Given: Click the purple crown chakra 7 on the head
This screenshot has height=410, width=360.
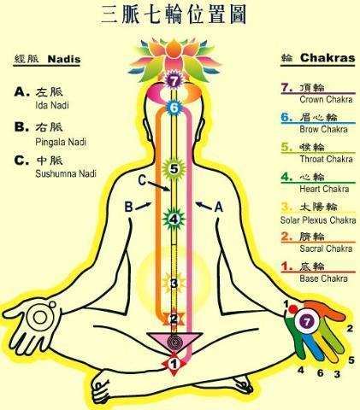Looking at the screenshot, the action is (173, 81).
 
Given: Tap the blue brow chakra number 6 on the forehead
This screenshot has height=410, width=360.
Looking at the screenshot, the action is (174, 108).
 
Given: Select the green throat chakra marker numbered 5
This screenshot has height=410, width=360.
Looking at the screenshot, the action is (174, 169).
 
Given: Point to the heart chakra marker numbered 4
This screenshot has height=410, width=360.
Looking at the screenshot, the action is (174, 220).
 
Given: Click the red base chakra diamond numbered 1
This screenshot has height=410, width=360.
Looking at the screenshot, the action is (174, 364).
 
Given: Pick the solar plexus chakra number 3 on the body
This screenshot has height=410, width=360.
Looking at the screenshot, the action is (174, 284).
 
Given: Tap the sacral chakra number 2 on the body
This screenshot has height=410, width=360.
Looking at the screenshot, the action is (174, 319).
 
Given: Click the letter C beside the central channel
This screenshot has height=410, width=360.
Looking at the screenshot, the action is (142, 180).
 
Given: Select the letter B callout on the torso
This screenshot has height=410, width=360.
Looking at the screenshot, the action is (129, 207).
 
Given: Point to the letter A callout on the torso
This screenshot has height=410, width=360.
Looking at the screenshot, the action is (218, 207).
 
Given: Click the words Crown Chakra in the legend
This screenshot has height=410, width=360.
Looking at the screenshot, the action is (326, 99).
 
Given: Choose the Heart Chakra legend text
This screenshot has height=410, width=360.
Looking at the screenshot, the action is (324, 189).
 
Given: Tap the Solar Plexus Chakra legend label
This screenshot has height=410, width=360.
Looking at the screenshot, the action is (318, 220).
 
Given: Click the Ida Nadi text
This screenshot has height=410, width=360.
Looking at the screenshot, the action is (52, 105).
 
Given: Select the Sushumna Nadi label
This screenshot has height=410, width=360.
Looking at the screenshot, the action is (66, 173).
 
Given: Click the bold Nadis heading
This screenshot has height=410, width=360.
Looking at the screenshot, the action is (64, 59).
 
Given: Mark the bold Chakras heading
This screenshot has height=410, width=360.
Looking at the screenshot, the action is (328, 58).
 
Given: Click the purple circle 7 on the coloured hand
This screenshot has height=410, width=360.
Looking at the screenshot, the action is (307, 322).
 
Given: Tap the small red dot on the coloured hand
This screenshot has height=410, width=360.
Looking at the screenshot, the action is (292, 309).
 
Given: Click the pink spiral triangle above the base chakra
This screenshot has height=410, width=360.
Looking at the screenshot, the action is (174, 341).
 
